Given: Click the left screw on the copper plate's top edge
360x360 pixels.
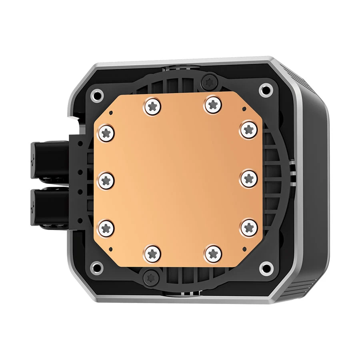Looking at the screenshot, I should pos(153,106).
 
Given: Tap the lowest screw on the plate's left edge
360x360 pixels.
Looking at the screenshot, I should pos(106,228).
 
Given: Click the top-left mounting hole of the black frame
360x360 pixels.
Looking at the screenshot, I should pos(96,95).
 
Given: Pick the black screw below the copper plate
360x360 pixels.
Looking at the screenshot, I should pos(151,276).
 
